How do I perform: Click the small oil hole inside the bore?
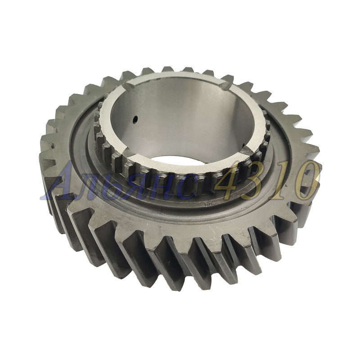click(135, 119)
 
